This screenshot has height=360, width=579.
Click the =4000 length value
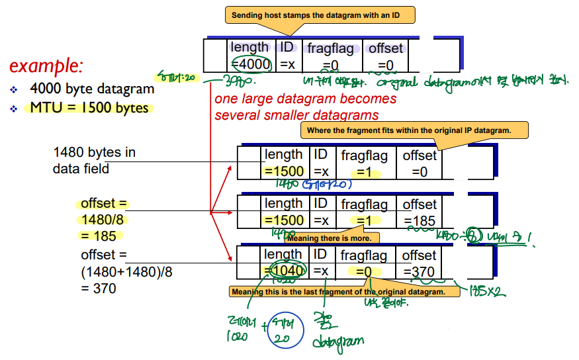[x=251, y=64]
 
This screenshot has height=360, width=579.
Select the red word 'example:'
[x=46, y=66]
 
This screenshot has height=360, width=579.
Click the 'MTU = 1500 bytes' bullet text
[x=89, y=108]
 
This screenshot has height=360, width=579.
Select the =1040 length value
[x=285, y=270]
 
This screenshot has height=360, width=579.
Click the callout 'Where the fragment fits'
[x=414, y=130]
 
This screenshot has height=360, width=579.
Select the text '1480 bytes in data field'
[x=94, y=160]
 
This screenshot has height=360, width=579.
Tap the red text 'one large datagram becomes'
[x=305, y=99]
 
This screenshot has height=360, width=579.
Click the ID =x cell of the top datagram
[x=287, y=56]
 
